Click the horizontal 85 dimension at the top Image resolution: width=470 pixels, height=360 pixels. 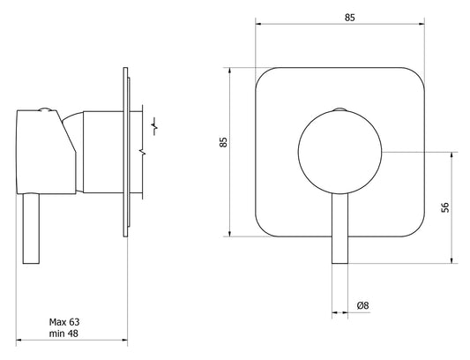point(349,18)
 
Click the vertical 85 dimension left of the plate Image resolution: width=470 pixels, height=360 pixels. point(223,142)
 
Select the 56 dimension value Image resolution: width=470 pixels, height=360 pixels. point(445,207)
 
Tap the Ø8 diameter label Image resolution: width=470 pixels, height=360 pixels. point(362,305)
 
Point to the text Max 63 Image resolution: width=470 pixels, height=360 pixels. point(64,322)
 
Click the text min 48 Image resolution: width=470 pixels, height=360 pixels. point(63,334)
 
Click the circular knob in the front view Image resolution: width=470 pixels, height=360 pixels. point(339,152)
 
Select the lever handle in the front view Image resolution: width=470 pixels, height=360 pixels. point(339,229)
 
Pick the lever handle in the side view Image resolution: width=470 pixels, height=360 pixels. point(31,229)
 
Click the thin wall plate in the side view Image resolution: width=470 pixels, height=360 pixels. point(125,152)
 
